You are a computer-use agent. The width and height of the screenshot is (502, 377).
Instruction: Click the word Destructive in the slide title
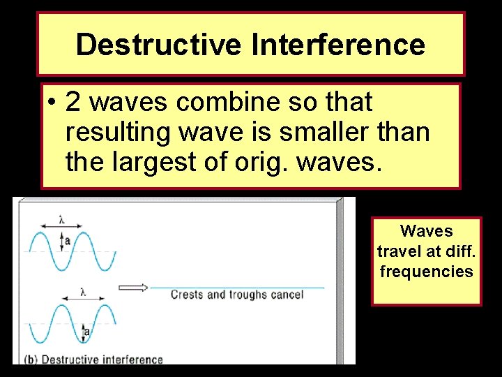(x=159, y=45)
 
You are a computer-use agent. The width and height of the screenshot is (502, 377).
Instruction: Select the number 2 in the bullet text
(x=75, y=103)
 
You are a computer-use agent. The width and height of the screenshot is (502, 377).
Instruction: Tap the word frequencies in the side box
(x=426, y=272)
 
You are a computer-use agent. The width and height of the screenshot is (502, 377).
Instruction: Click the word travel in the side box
(x=396, y=251)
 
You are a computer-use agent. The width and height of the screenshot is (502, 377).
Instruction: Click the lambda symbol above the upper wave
(x=61, y=219)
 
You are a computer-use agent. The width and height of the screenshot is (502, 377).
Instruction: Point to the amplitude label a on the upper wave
(x=67, y=241)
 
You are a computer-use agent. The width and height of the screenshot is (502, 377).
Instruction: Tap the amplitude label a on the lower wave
(x=86, y=332)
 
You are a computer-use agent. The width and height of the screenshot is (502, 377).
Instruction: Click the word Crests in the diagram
(x=185, y=295)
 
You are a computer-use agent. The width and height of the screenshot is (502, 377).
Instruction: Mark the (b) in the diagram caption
(x=31, y=360)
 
